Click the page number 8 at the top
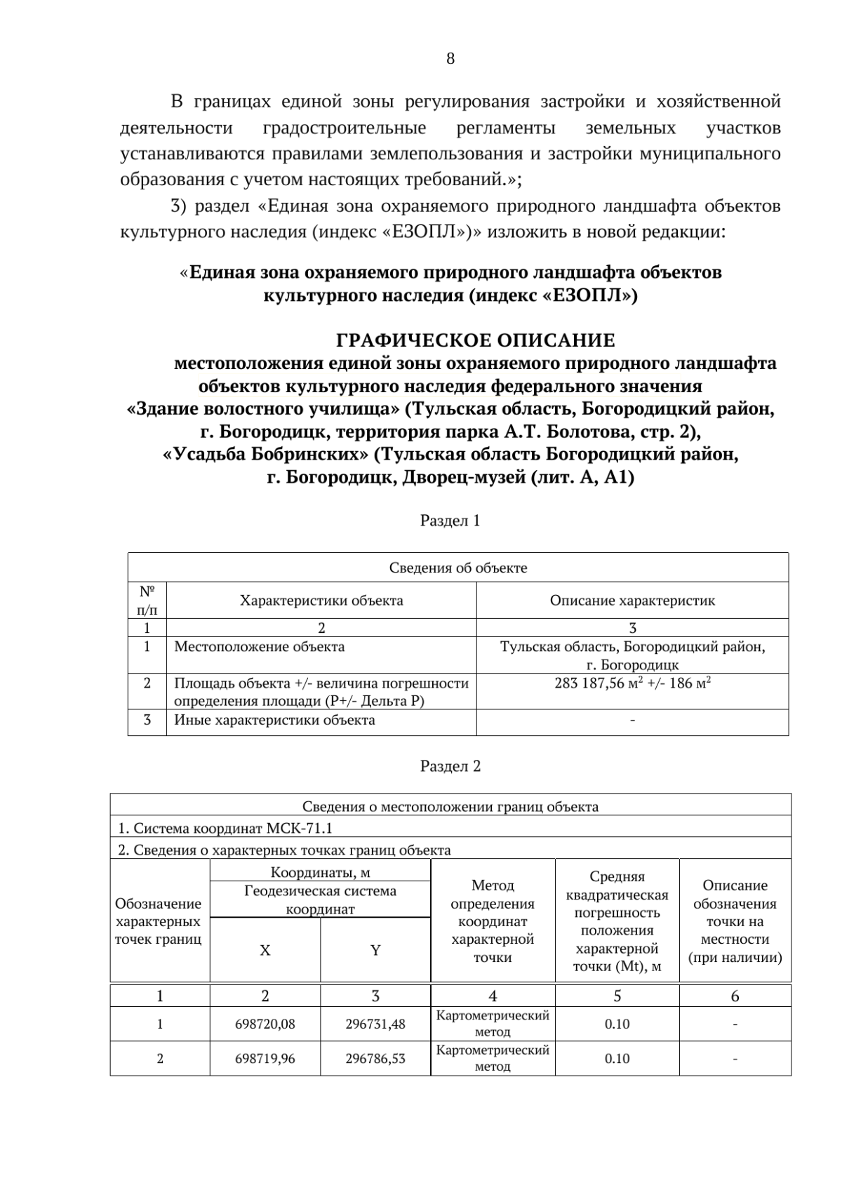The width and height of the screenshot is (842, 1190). [450, 59]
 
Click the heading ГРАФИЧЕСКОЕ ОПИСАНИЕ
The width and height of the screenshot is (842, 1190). [475, 341]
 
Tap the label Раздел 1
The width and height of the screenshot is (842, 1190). [450, 521]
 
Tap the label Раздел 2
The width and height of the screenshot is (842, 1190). [450, 766]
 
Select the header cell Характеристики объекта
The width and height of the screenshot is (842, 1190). [321, 601]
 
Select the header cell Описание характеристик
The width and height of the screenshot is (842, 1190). [632, 601]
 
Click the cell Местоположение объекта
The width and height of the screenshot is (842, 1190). [259, 647]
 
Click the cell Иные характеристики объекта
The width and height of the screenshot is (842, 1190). [274, 721]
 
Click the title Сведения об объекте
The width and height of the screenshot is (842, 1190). [457, 568]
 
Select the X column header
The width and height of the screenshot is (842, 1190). [265, 951]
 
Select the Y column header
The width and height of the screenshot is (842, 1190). [375, 951]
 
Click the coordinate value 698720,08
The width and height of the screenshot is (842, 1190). [265, 1024]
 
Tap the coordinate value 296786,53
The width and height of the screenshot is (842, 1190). [375, 1059]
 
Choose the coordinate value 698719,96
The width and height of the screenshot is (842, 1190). [265, 1059]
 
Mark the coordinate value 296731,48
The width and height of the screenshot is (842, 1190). [375, 1024]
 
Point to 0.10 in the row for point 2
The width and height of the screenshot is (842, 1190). [617, 1059]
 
